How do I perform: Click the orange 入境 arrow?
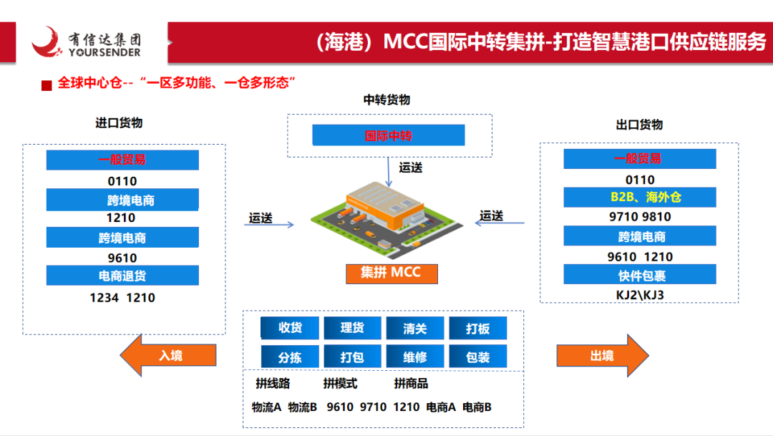point(167,355)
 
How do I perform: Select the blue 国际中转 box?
point(389,135)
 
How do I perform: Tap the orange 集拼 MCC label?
point(391,273)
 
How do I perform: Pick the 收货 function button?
point(289,328)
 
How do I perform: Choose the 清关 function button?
point(414,328)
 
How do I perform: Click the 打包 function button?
point(351,357)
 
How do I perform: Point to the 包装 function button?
point(477,357)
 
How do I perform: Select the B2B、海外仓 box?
point(639,198)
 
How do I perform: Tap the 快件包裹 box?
point(639,275)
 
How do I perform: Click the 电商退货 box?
point(122,276)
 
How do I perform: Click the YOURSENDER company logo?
point(86,42)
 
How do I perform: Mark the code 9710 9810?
point(639,217)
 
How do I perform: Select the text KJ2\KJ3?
point(639,294)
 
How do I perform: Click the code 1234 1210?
point(122,297)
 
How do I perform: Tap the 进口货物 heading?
point(119,122)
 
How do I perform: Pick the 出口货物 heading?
point(639,125)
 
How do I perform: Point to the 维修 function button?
point(414,357)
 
